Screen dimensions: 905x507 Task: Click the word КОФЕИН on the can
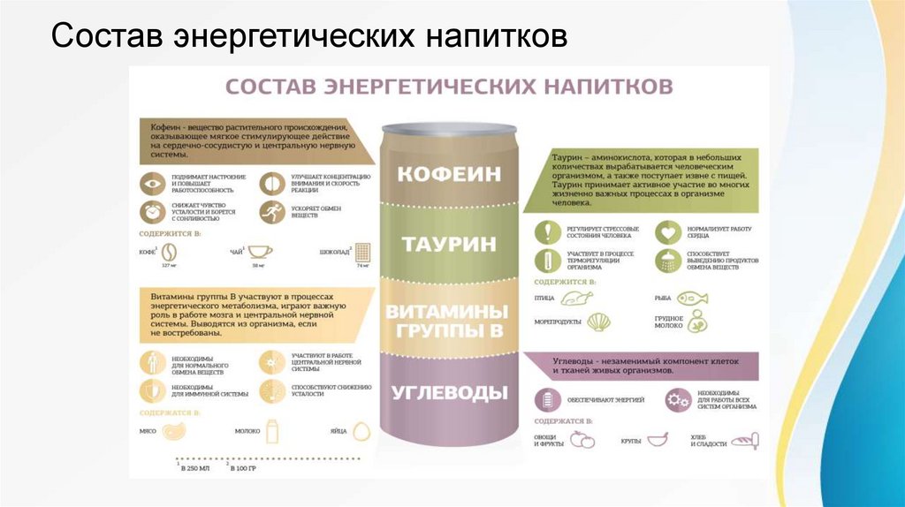pos(449,173)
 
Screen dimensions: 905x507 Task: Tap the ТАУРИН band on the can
pos(449,244)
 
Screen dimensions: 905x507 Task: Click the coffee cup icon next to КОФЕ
pos(165,251)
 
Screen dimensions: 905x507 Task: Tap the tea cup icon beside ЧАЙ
pos(259,251)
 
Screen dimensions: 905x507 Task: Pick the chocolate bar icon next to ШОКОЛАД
pos(361,253)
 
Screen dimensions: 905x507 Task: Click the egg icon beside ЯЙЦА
pos(360,432)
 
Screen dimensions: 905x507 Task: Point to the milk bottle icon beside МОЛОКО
pos(272,431)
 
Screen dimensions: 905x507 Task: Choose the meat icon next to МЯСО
pos(175,432)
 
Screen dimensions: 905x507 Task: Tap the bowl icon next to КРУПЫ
pos(658,439)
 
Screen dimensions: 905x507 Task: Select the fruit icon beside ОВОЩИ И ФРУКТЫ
pos(582,440)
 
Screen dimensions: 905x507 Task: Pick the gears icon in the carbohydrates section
pos(678,401)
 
